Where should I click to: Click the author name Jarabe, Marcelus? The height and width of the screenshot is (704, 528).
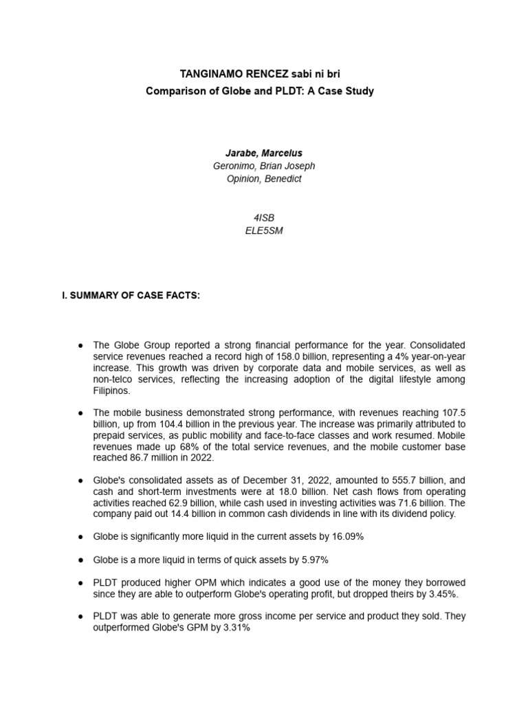pos(265,153)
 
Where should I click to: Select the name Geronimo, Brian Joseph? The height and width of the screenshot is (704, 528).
pos(265,166)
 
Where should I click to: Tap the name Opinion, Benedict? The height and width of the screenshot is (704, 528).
pos(265,179)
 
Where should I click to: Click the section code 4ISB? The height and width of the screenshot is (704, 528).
pos(264,217)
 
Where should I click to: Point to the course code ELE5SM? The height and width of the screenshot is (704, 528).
pos(264,230)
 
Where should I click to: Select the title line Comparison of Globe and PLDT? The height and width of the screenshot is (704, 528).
pos(260,91)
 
